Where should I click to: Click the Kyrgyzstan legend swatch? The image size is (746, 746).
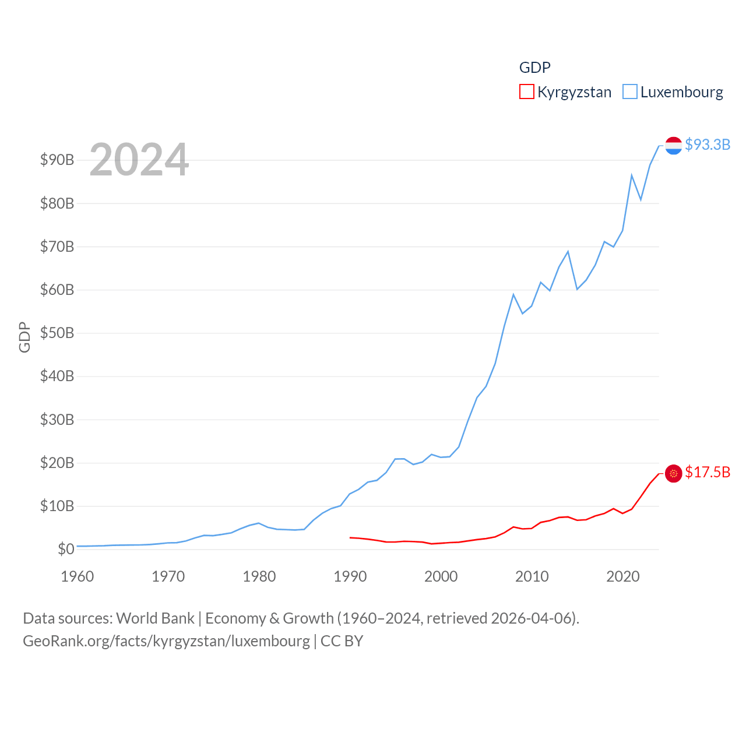(x=526, y=92)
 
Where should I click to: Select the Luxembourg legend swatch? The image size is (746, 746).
(x=630, y=92)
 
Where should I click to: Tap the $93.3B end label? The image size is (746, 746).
(x=708, y=145)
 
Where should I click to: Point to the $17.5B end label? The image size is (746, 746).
(x=708, y=472)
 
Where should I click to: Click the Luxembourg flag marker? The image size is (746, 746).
(x=673, y=146)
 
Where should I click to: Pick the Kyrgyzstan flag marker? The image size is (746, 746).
(x=673, y=473)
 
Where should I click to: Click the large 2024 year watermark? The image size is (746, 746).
(x=139, y=160)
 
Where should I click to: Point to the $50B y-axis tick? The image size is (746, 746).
(x=57, y=333)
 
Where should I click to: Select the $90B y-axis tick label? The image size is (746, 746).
(x=57, y=160)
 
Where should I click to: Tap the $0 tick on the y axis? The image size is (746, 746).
(x=66, y=549)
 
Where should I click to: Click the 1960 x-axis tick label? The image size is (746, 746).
(x=78, y=576)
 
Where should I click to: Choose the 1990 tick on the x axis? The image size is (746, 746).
(x=350, y=576)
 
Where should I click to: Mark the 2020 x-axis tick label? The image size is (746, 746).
(x=623, y=576)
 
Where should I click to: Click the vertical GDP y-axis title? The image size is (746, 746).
(x=24, y=337)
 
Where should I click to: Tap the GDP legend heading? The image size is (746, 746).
(x=534, y=68)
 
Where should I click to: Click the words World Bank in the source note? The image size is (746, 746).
(x=155, y=618)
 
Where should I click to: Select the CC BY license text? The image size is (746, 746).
(x=342, y=641)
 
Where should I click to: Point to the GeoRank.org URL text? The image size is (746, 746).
(x=166, y=641)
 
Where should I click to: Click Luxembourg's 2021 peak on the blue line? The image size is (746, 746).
(x=632, y=175)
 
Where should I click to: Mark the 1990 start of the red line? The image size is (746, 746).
(x=350, y=537)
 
